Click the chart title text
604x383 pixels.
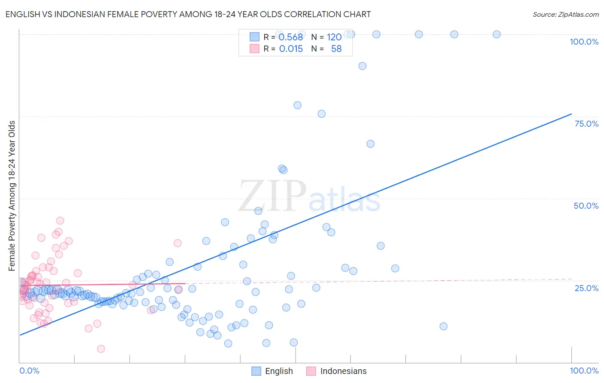188,14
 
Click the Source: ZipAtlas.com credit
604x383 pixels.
565,14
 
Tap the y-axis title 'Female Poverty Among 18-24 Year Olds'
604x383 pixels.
12,196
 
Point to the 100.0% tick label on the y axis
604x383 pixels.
584,42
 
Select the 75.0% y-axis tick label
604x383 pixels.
586,124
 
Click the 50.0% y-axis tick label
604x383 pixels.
586,206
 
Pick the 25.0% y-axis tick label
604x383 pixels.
586,288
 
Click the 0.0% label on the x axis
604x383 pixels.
29,371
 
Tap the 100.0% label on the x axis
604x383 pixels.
584,371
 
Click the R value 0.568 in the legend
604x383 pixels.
290,37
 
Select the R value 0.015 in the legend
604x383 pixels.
291,49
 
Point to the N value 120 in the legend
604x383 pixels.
334,37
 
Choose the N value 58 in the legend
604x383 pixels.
336,49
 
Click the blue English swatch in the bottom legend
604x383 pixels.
256,371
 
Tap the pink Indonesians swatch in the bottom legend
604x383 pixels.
311,371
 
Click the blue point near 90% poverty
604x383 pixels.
362,66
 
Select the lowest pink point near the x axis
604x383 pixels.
101,349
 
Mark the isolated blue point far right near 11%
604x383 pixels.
443,326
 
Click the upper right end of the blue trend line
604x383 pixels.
571,114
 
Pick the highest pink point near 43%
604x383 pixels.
60,220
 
